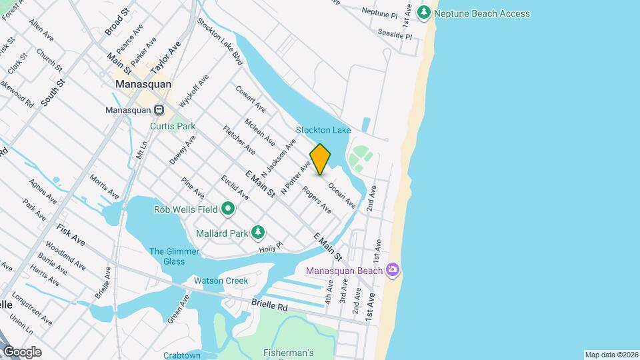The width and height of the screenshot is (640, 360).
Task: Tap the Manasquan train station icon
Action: pos(159,110)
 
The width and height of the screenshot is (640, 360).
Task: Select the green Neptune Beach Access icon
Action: pos(423,13)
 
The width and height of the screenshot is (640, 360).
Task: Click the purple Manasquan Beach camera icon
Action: pos(393,270)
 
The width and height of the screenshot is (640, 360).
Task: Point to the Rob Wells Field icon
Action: pos(228,209)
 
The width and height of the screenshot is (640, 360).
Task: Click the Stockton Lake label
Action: pos(323,130)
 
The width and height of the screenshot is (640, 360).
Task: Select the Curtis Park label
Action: pos(172,125)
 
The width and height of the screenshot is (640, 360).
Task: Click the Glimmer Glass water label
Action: pos(174,256)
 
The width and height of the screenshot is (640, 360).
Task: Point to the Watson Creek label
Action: pos(221,281)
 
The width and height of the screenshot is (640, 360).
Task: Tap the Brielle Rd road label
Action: pos(269,303)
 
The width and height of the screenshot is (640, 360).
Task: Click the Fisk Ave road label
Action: pos(71,234)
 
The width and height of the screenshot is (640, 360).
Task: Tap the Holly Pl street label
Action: pos(271,247)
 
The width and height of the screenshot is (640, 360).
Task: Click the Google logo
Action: pos(22,352)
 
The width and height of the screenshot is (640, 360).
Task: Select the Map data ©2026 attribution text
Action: pos(611,355)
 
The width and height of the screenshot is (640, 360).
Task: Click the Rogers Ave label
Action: pos(317,200)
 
